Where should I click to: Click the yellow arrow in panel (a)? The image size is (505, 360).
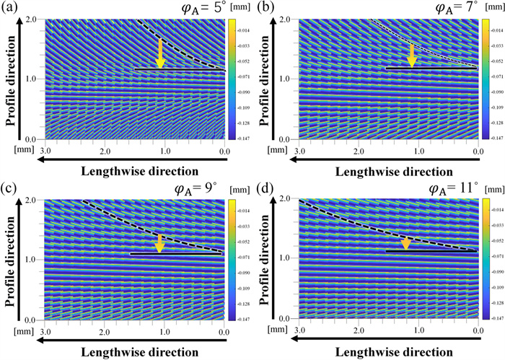[160, 55]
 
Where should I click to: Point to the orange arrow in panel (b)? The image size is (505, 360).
[412, 56]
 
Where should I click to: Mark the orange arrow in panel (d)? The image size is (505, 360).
[406, 243]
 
